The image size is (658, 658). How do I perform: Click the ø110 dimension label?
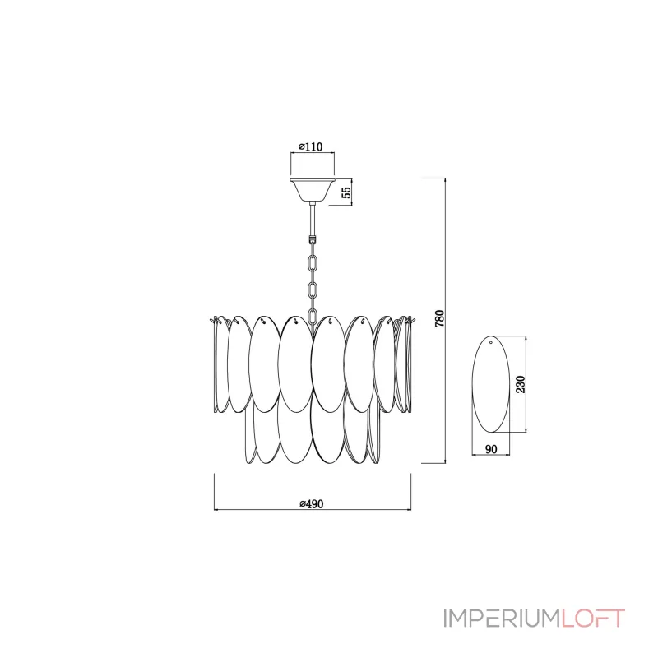(311, 147)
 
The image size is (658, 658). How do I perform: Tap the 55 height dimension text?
(345, 192)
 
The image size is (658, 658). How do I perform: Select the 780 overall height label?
(439, 319)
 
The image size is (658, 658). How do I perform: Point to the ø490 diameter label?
(312, 503)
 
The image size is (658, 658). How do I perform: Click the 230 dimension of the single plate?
(521, 384)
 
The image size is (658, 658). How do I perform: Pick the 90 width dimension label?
(491, 449)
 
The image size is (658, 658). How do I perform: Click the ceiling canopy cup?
(313, 190)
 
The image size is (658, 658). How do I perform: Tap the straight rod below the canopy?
(313, 220)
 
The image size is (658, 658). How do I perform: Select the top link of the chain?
(313, 262)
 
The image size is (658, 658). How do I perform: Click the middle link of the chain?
(313, 290)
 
